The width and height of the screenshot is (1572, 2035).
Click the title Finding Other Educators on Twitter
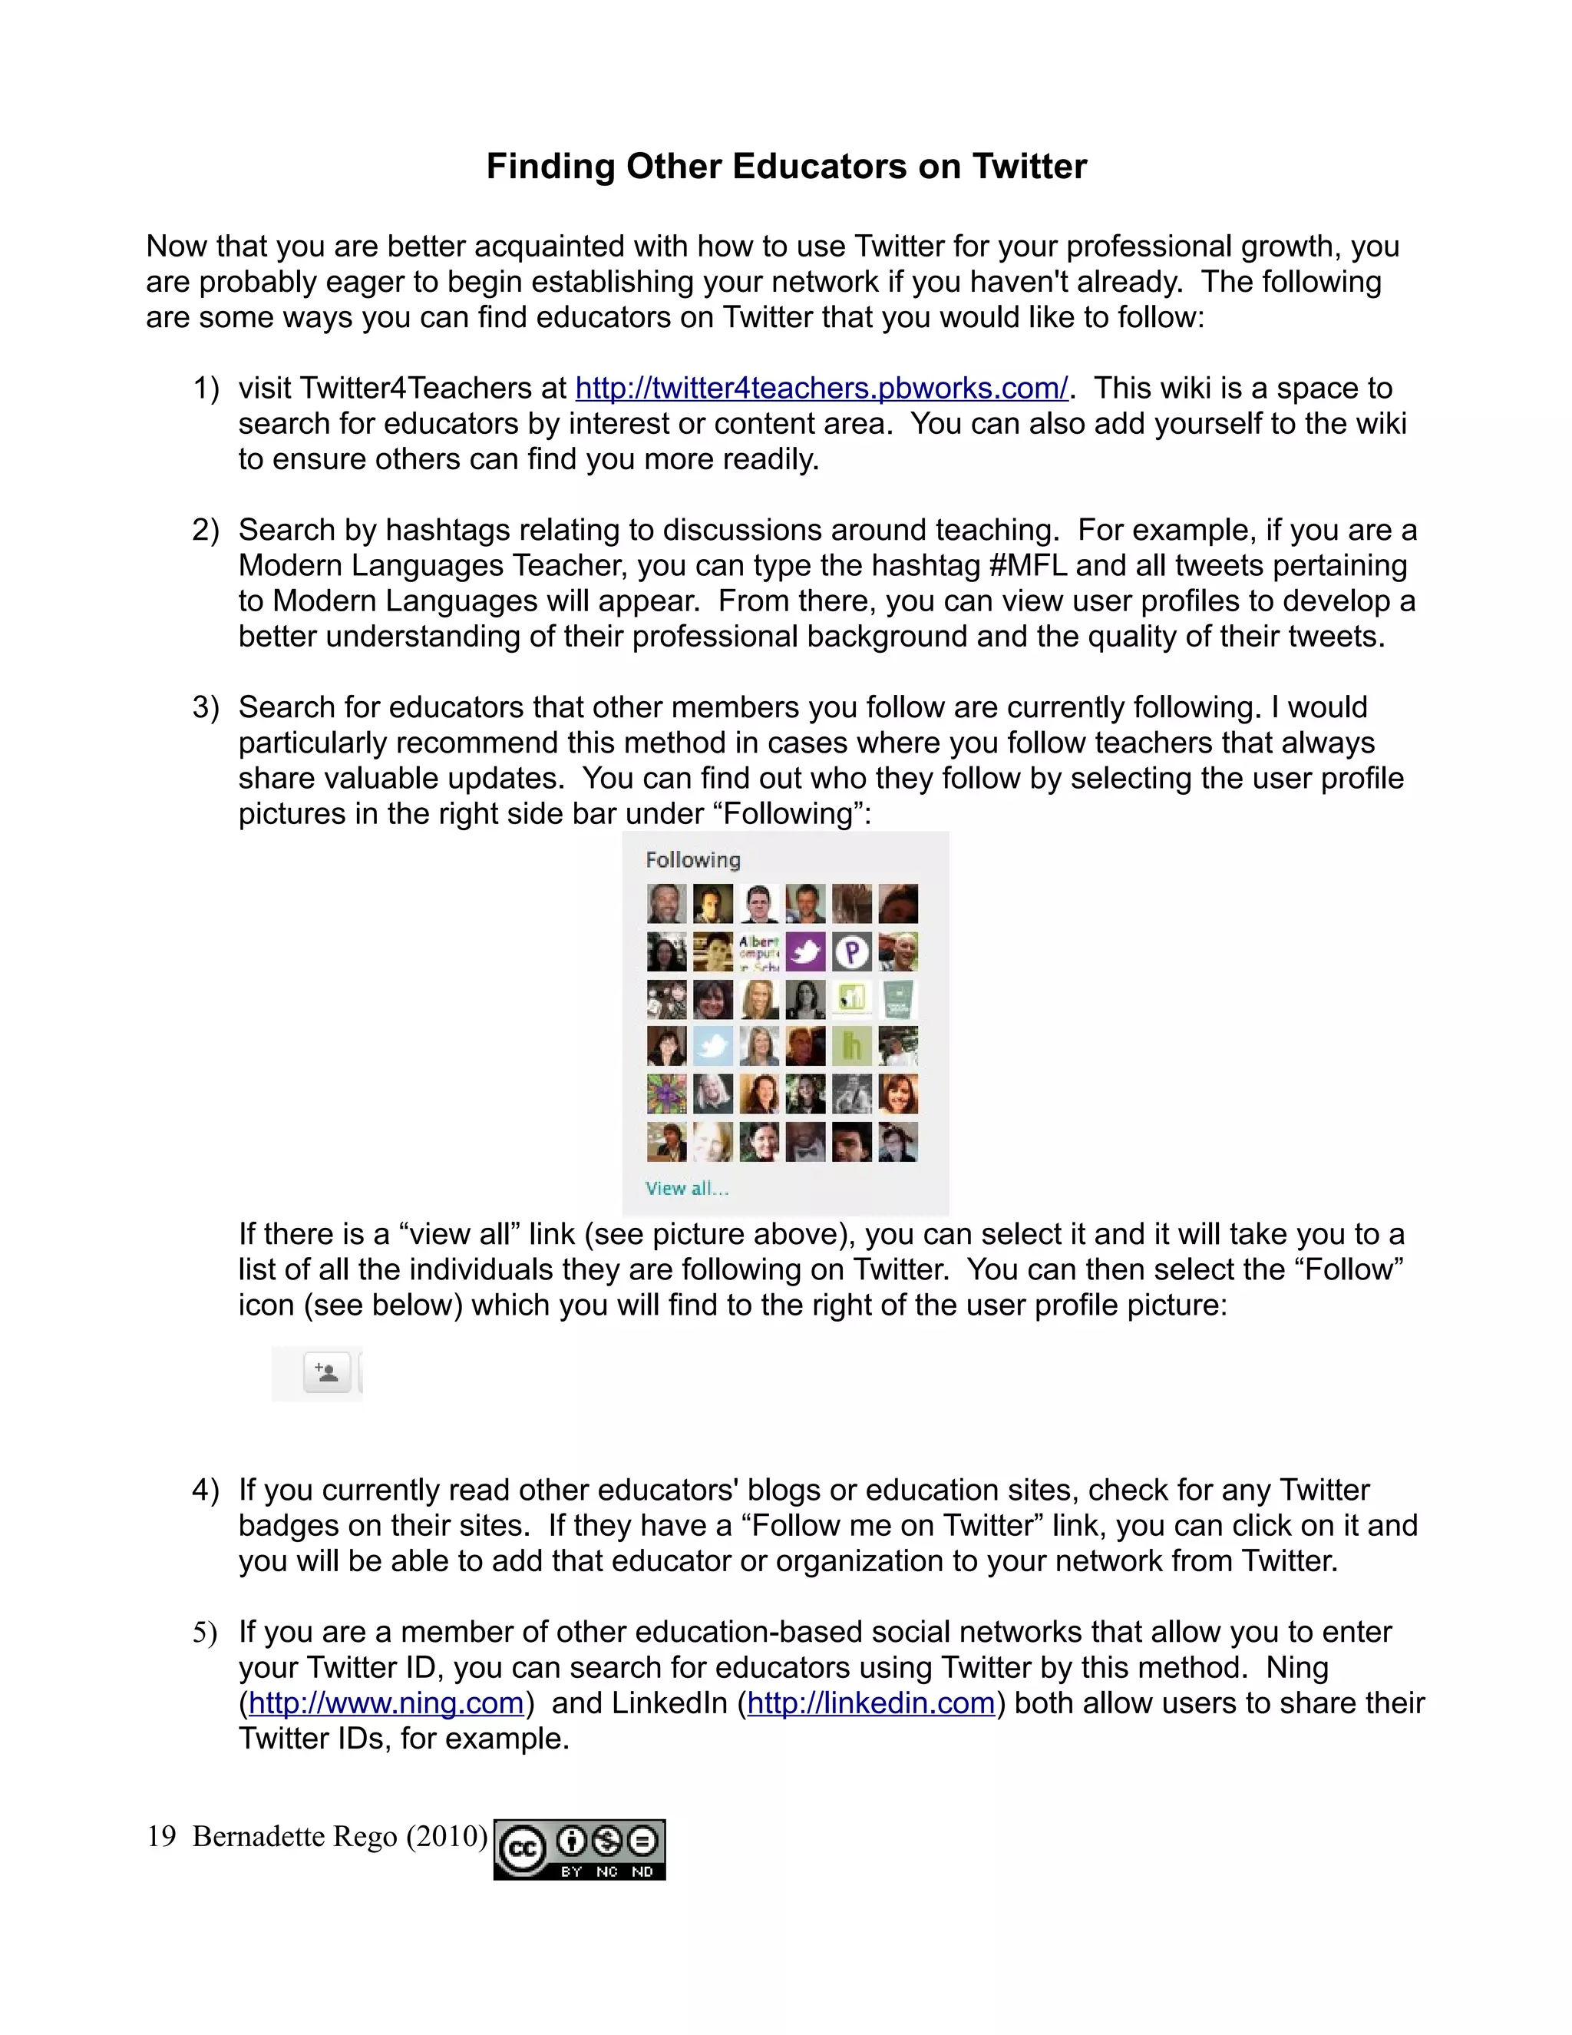[786, 167]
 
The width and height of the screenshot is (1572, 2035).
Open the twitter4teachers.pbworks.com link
[821, 388]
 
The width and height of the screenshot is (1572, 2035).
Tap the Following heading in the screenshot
[693, 860]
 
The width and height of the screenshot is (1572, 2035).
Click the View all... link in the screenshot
[686, 1188]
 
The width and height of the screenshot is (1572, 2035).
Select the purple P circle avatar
[851, 951]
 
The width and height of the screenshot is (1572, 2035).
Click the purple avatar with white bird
[805, 951]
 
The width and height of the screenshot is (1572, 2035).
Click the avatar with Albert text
[759, 951]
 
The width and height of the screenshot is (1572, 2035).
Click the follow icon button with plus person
[327, 1372]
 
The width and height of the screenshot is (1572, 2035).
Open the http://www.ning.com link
[385, 1703]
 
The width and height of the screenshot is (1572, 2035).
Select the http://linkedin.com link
[870, 1703]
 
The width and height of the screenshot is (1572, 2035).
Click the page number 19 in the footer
[161, 1837]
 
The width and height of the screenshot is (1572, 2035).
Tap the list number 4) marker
[205, 1490]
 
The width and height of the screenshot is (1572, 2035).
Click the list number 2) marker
[205, 530]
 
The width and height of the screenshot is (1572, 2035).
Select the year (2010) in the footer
[446, 1837]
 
